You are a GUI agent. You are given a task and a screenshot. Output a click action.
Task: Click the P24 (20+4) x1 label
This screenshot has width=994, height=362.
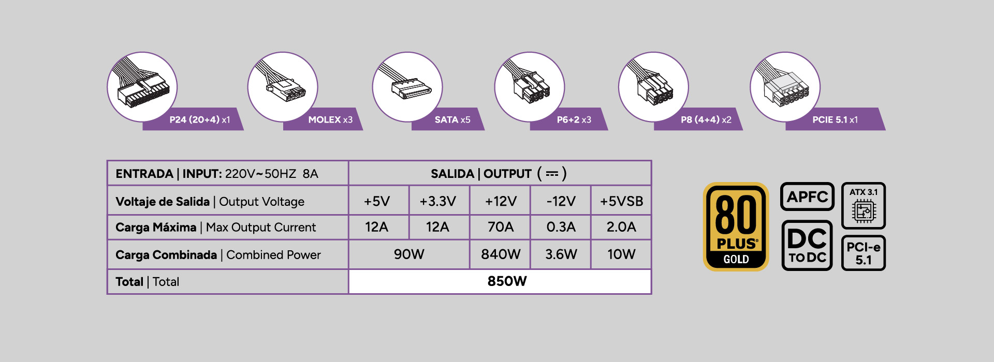200,119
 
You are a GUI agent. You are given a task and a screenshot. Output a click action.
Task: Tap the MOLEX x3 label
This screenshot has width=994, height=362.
330,119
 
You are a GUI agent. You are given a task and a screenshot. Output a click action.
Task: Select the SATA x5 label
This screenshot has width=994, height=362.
452,119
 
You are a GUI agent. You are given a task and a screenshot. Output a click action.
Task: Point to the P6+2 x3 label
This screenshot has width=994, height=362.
574,119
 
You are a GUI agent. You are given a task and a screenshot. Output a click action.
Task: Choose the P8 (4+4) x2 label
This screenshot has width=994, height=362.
706,119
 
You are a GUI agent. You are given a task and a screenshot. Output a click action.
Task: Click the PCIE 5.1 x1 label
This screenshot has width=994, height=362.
835,119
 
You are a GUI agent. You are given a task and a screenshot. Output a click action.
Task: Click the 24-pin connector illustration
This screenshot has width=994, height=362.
142,87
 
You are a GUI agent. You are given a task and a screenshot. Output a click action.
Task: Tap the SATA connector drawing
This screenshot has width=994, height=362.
407,87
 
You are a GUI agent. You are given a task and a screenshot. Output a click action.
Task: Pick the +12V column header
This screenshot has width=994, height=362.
501,201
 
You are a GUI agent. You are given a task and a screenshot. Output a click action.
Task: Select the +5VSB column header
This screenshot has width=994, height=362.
621,201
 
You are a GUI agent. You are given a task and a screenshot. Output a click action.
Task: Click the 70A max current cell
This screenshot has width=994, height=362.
501,227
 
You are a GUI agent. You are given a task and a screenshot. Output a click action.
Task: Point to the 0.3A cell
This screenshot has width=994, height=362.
561,227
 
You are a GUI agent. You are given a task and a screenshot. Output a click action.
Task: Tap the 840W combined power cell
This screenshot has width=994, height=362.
501,254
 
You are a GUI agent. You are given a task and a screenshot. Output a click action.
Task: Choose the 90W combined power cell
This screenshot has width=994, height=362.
409,254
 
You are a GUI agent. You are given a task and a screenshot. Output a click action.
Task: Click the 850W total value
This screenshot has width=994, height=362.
507,281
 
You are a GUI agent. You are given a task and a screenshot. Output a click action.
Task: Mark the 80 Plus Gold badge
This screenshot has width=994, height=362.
736,227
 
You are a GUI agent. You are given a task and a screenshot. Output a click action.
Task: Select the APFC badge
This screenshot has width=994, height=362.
807,197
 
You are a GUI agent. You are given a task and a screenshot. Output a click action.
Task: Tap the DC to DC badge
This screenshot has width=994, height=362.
807,246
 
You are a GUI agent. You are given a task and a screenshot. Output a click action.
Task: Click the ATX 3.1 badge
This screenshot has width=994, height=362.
864,206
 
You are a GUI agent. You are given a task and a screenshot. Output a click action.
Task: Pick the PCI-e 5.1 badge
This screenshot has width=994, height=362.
864,253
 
